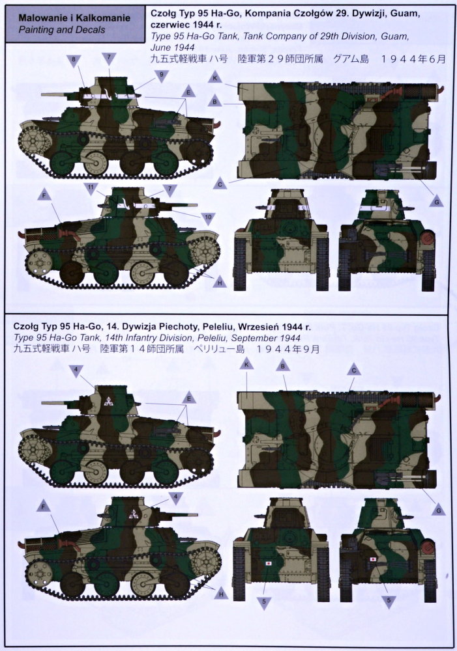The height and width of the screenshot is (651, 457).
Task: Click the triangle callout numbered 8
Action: point(74,60)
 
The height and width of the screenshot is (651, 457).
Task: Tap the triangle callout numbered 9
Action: point(161,76)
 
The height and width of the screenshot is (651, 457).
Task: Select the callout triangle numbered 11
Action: point(91,188)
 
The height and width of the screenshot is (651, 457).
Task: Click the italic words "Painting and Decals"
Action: point(61,30)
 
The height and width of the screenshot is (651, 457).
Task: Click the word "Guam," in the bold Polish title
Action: point(404,13)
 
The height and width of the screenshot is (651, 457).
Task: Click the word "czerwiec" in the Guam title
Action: point(168,25)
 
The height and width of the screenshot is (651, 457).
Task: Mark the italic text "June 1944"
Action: point(172,48)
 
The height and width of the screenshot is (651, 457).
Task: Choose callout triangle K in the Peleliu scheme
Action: point(246,364)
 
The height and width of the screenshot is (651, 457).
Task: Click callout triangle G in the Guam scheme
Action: point(436,201)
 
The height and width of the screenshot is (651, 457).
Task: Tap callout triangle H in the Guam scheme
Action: point(220,283)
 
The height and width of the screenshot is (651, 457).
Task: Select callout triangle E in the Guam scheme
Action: point(188,92)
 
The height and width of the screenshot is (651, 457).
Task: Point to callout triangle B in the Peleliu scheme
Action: point(283,365)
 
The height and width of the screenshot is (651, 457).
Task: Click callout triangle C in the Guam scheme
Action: point(220,184)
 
